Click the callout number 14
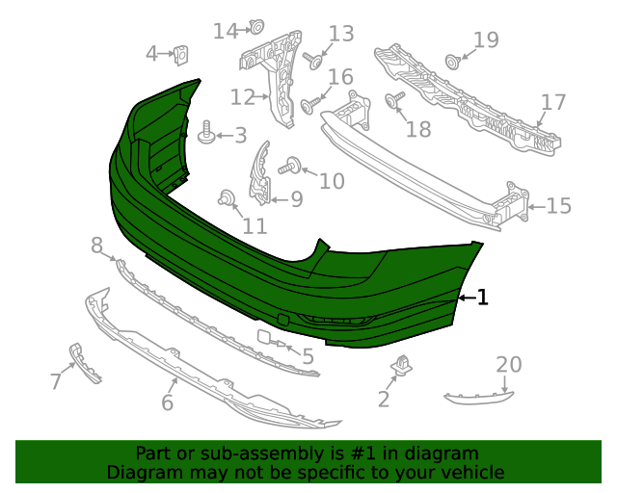coord(225,32)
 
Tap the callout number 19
coord(486,39)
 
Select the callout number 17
coord(552,102)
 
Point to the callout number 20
coord(508,364)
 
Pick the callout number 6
coord(167,402)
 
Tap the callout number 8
coord(96,246)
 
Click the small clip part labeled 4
coord(180,55)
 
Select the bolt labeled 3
coord(205,134)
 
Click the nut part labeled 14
coord(257,26)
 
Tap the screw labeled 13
coord(314,60)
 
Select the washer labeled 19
coord(451,63)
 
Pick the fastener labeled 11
coord(228,199)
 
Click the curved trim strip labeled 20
coord(479,395)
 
